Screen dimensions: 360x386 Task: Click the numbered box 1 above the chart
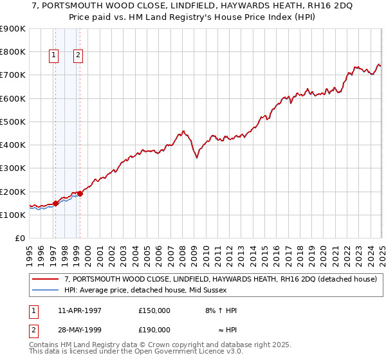click(x=53, y=56)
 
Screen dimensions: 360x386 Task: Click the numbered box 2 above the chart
click(x=78, y=56)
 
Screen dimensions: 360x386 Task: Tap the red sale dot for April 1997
click(x=55, y=203)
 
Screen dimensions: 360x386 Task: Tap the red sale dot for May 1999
click(x=80, y=194)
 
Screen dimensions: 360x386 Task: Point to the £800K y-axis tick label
click(x=13, y=52)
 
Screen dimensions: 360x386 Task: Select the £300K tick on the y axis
click(x=13, y=168)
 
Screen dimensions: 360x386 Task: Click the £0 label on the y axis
click(x=19, y=239)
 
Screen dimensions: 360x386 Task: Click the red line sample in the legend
click(x=46, y=279)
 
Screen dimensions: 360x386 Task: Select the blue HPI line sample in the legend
click(x=46, y=290)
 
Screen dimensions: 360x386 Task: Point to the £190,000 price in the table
click(x=154, y=330)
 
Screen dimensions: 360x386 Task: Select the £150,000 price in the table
click(x=154, y=310)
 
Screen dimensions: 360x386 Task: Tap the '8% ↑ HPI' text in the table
click(x=221, y=310)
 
